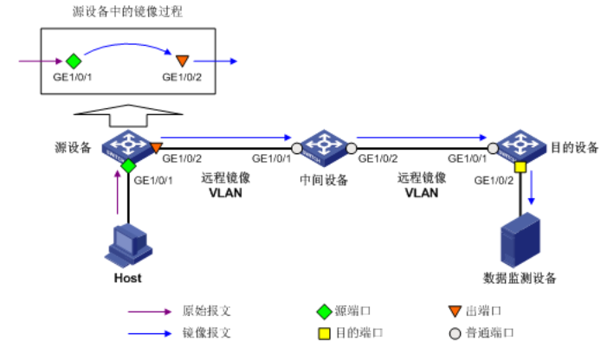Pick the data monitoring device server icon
(x=520, y=240)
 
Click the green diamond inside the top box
(x=73, y=61)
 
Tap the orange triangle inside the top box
(x=182, y=61)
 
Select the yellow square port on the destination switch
(x=520, y=165)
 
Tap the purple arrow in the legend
(x=148, y=310)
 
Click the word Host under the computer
(x=127, y=279)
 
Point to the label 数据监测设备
(x=520, y=279)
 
